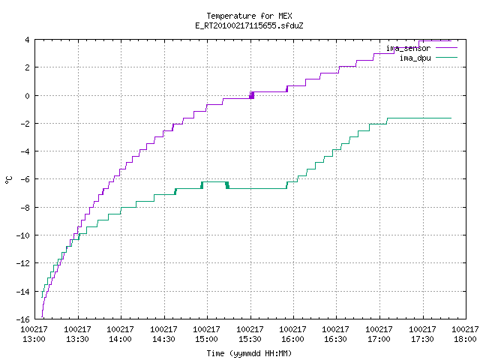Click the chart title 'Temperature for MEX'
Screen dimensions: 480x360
[x=249, y=16]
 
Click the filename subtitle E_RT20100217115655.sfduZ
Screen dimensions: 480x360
[x=249, y=25]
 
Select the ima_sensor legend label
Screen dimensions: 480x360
[x=408, y=48]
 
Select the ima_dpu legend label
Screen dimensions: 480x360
[x=415, y=58]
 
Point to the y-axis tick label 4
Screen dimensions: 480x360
[x=28, y=40]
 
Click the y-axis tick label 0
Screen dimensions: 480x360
[x=28, y=96]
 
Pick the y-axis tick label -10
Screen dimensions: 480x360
[x=23, y=235]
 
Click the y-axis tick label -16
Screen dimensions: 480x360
[x=23, y=319]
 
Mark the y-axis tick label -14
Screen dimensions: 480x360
[x=23, y=292]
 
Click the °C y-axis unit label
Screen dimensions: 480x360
[x=9, y=180]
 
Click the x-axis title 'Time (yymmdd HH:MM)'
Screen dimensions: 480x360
[x=249, y=353]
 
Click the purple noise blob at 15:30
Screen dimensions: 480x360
[x=252, y=95]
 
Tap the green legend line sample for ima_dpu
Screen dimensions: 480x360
[x=446, y=58]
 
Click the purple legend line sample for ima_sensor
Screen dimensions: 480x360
[x=446, y=48]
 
